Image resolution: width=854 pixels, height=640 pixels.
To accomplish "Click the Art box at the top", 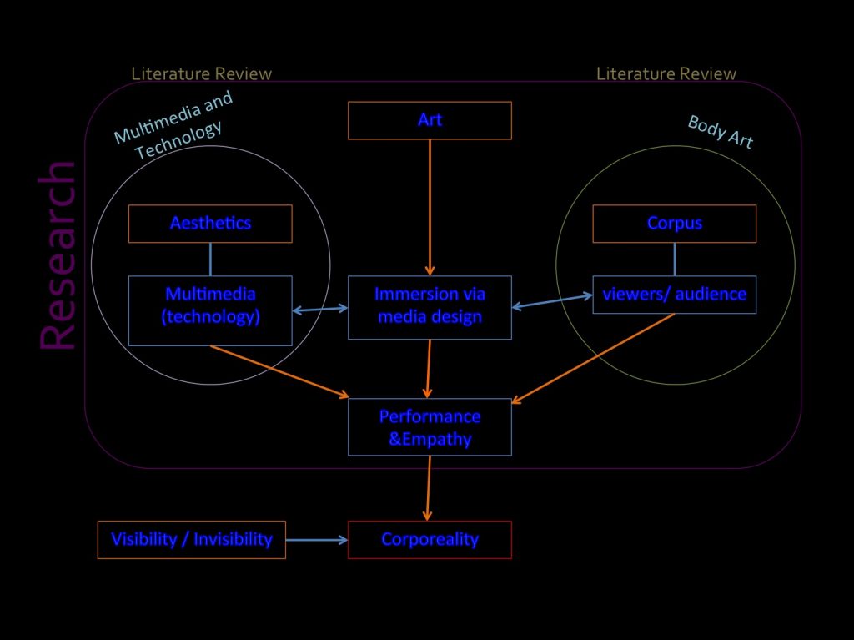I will [430, 120].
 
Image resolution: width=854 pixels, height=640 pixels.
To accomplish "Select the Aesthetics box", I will [210, 223].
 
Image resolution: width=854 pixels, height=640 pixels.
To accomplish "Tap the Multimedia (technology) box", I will [210, 305].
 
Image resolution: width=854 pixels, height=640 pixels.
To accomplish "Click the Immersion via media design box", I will [430, 305].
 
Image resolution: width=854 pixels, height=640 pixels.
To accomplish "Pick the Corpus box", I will [675, 223].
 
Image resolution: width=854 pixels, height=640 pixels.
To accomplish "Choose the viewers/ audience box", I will [675, 294].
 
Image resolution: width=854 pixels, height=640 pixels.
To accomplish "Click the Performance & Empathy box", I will [430, 427].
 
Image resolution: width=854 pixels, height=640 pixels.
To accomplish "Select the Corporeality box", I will [430, 539].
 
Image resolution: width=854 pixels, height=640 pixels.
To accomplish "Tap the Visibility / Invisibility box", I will [192, 539].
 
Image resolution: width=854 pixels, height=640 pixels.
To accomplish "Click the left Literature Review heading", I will [201, 73].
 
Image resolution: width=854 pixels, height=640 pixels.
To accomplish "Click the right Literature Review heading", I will [666, 73].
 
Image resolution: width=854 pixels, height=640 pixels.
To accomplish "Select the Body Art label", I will [721, 132].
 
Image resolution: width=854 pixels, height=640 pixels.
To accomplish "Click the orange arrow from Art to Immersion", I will [430, 204].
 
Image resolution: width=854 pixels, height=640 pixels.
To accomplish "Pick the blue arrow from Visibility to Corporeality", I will [317, 540].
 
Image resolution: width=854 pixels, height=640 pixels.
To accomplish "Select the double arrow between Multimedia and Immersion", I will [320, 310].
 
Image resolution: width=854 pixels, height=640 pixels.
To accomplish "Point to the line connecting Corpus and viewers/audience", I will [675, 259].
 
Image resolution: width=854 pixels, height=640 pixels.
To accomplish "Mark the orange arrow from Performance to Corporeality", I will [429, 487].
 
